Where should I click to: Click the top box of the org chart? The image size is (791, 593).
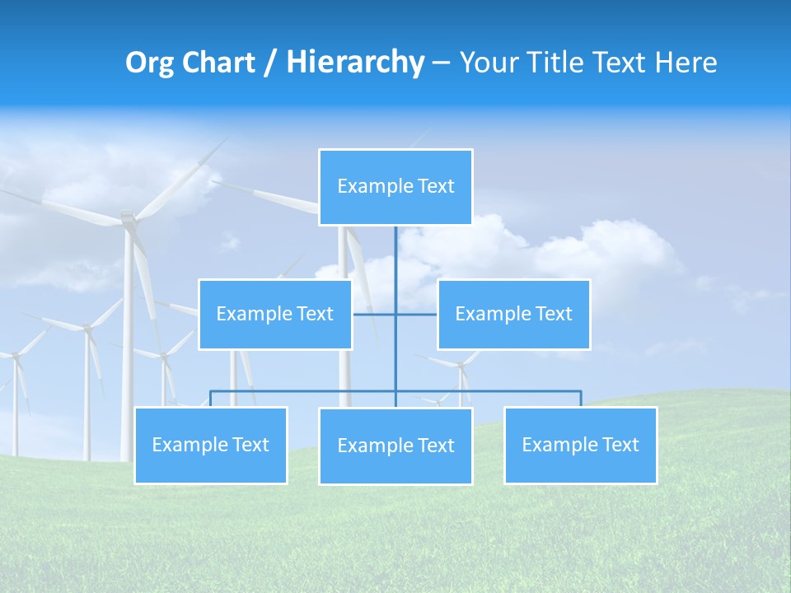click(395, 187)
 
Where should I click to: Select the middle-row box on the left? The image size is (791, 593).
click(275, 314)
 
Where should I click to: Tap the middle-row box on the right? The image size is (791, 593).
click(513, 314)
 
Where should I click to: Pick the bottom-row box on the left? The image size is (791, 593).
click(211, 445)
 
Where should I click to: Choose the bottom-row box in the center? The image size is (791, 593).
click(395, 446)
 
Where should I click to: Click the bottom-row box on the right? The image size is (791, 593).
click(580, 445)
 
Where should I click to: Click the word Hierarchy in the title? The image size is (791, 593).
click(354, 62)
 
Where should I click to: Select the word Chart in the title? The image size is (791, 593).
click(218, 63)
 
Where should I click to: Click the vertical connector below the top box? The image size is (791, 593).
click(395, 255)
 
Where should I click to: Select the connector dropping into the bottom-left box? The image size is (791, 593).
click(211, 399)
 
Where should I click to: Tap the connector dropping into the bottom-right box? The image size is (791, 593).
click(580, 399)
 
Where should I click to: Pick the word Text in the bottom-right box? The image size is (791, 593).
click(620, 445)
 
